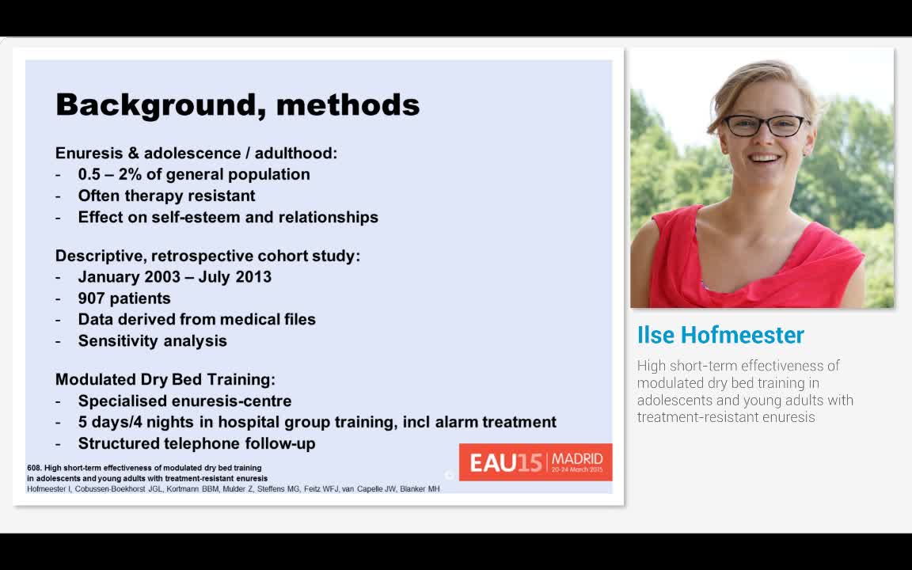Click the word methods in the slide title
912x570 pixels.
(348, 104)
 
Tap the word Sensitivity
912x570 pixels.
(116, 341)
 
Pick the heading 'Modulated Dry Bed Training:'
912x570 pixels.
(165, 379)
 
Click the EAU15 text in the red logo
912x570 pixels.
(505, 463)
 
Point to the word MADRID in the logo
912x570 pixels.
(577, 459)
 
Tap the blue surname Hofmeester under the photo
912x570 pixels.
(743, 335)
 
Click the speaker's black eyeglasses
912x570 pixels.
(765, 126)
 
